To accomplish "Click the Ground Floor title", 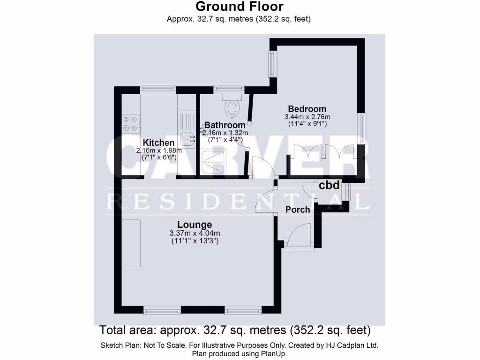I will tap(240, 7).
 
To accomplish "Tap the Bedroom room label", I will tap(307, 109).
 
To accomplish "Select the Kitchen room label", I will tap(159, 142).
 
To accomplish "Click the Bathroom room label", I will tap(225, 125).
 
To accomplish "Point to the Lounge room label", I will tap(195, 225).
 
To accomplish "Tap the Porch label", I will tap(298, 210).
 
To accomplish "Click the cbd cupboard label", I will tap(329, 185).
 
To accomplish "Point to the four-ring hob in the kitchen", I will tap(130, 123).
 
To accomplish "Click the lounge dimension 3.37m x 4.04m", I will tap(195, 233).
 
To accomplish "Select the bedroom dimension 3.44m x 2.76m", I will tap(307, 117).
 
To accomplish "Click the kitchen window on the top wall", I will tap(158, 88).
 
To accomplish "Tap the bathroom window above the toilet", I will tap(229, 88).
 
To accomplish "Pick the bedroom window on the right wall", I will tap(362, 129).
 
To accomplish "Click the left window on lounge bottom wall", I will tap(162, 310).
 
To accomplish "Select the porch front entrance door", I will tap(299, 235).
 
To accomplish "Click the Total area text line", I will tap(235, 330).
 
